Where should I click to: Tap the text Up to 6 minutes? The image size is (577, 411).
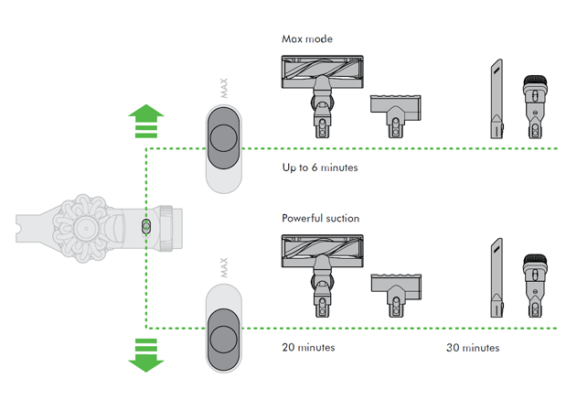tap(320, 168)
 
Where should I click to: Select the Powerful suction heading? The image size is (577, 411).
tap(321, 219)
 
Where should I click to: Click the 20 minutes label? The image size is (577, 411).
tap(309, 348)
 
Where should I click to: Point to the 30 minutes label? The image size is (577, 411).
tap(473, 348)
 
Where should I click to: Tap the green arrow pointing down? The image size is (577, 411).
tap(145, 354)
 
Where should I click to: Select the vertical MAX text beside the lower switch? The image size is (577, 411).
tap(224, 267)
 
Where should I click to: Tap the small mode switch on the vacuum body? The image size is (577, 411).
tap(146, 224)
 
